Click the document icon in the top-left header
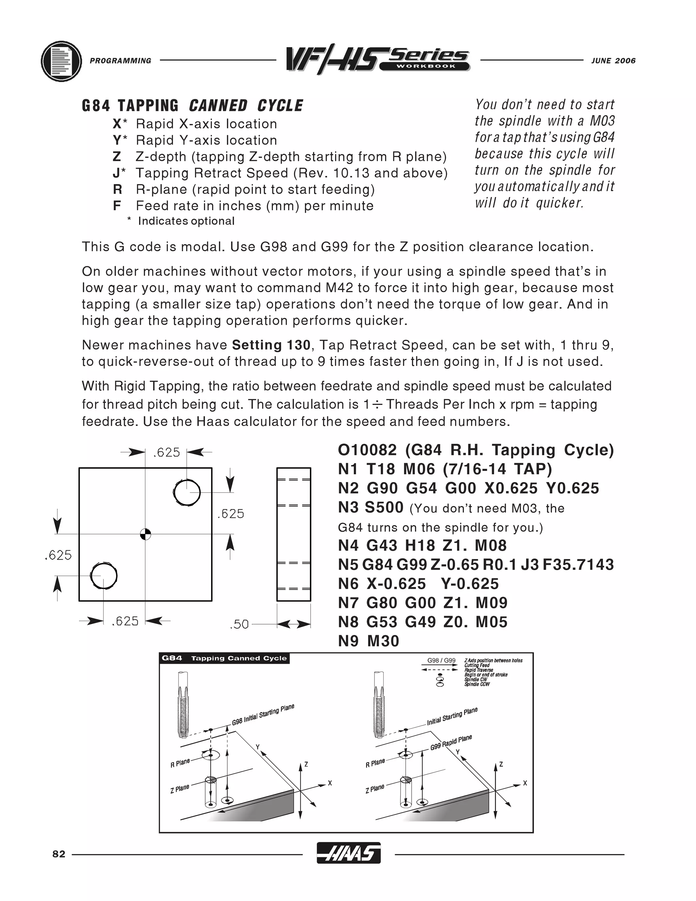[61, 62]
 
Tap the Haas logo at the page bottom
[348, 853]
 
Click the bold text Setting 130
[271, 345]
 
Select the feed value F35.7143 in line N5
[578, 565]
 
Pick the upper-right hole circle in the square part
[187, 492]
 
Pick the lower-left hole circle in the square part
[104, 576]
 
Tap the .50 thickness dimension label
[239, 625]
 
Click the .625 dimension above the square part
[167, 453]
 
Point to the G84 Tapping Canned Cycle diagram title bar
[224, 658]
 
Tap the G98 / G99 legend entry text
[441, 661]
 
